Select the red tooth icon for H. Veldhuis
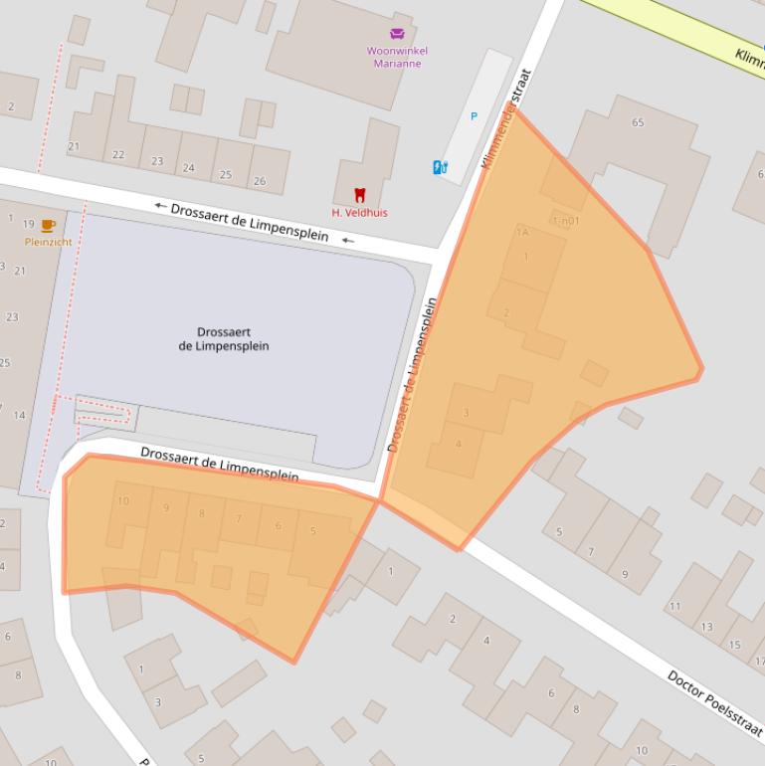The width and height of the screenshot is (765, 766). [360, 195]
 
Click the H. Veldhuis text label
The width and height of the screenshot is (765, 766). [359, 213]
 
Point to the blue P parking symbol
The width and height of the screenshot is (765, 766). [474, 116]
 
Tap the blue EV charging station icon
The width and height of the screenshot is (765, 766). [440, 167]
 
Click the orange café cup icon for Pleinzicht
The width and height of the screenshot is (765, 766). [48, 225]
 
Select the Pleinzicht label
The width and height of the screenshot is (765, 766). [48, 242]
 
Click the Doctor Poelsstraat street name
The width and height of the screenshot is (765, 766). [715, 702]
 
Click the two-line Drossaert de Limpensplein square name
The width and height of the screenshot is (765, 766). [224, 339]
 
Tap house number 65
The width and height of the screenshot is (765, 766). [638, 123]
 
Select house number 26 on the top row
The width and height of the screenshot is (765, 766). [260, 181]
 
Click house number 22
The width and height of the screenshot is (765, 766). [118, 155]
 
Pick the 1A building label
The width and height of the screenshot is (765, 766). [522, 233]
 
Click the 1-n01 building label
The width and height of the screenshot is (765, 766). [565, 221]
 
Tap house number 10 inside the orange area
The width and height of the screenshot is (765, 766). [123, 501]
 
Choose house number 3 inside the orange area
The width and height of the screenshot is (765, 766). [466, 413]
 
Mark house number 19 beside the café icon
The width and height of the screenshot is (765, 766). [28, 225]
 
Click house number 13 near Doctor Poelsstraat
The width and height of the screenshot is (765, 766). [707, 627]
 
